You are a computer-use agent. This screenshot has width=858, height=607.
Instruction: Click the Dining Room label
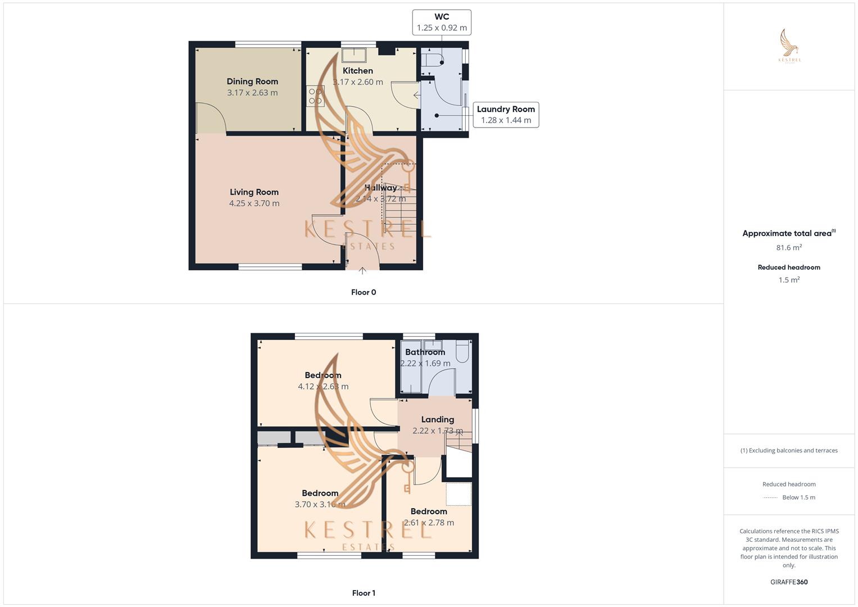coord(252,81)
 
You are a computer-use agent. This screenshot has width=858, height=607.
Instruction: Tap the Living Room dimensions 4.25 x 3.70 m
coord(254,203)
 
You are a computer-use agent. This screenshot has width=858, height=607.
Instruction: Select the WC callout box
coord(442,22)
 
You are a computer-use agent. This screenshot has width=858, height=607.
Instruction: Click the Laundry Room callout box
coord(506,115)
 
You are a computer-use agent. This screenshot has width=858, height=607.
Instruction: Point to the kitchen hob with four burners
coord(315,96)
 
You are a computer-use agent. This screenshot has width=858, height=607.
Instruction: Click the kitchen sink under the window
coord(354,55)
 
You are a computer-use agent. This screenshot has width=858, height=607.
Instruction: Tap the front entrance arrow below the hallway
coord(362,271)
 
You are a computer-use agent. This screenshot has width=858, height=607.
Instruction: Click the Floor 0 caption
coord(364,292)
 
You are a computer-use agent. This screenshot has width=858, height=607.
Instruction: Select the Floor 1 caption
coord(364,593)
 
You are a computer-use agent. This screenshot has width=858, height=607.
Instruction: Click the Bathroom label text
coord(425,352)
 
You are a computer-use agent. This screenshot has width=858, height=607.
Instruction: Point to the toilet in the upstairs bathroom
coord(463,351)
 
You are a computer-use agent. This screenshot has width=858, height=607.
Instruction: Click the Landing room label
coord(437,419)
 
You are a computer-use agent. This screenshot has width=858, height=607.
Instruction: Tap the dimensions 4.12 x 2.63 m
coord(323,387)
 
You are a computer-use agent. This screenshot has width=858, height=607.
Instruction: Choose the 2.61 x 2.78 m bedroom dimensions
coord(429,523)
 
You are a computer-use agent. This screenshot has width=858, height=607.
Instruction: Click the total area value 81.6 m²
coord(789,248)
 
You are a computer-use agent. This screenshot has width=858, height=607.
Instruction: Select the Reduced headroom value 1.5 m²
coord(789,280)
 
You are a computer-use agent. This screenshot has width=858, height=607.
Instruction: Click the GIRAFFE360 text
coord(789,582)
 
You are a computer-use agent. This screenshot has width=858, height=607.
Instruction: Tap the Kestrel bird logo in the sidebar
coord(789,45)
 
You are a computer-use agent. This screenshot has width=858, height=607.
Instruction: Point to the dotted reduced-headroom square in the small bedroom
coord(458,493)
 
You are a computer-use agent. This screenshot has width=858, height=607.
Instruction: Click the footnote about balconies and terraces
coord(789,451)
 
